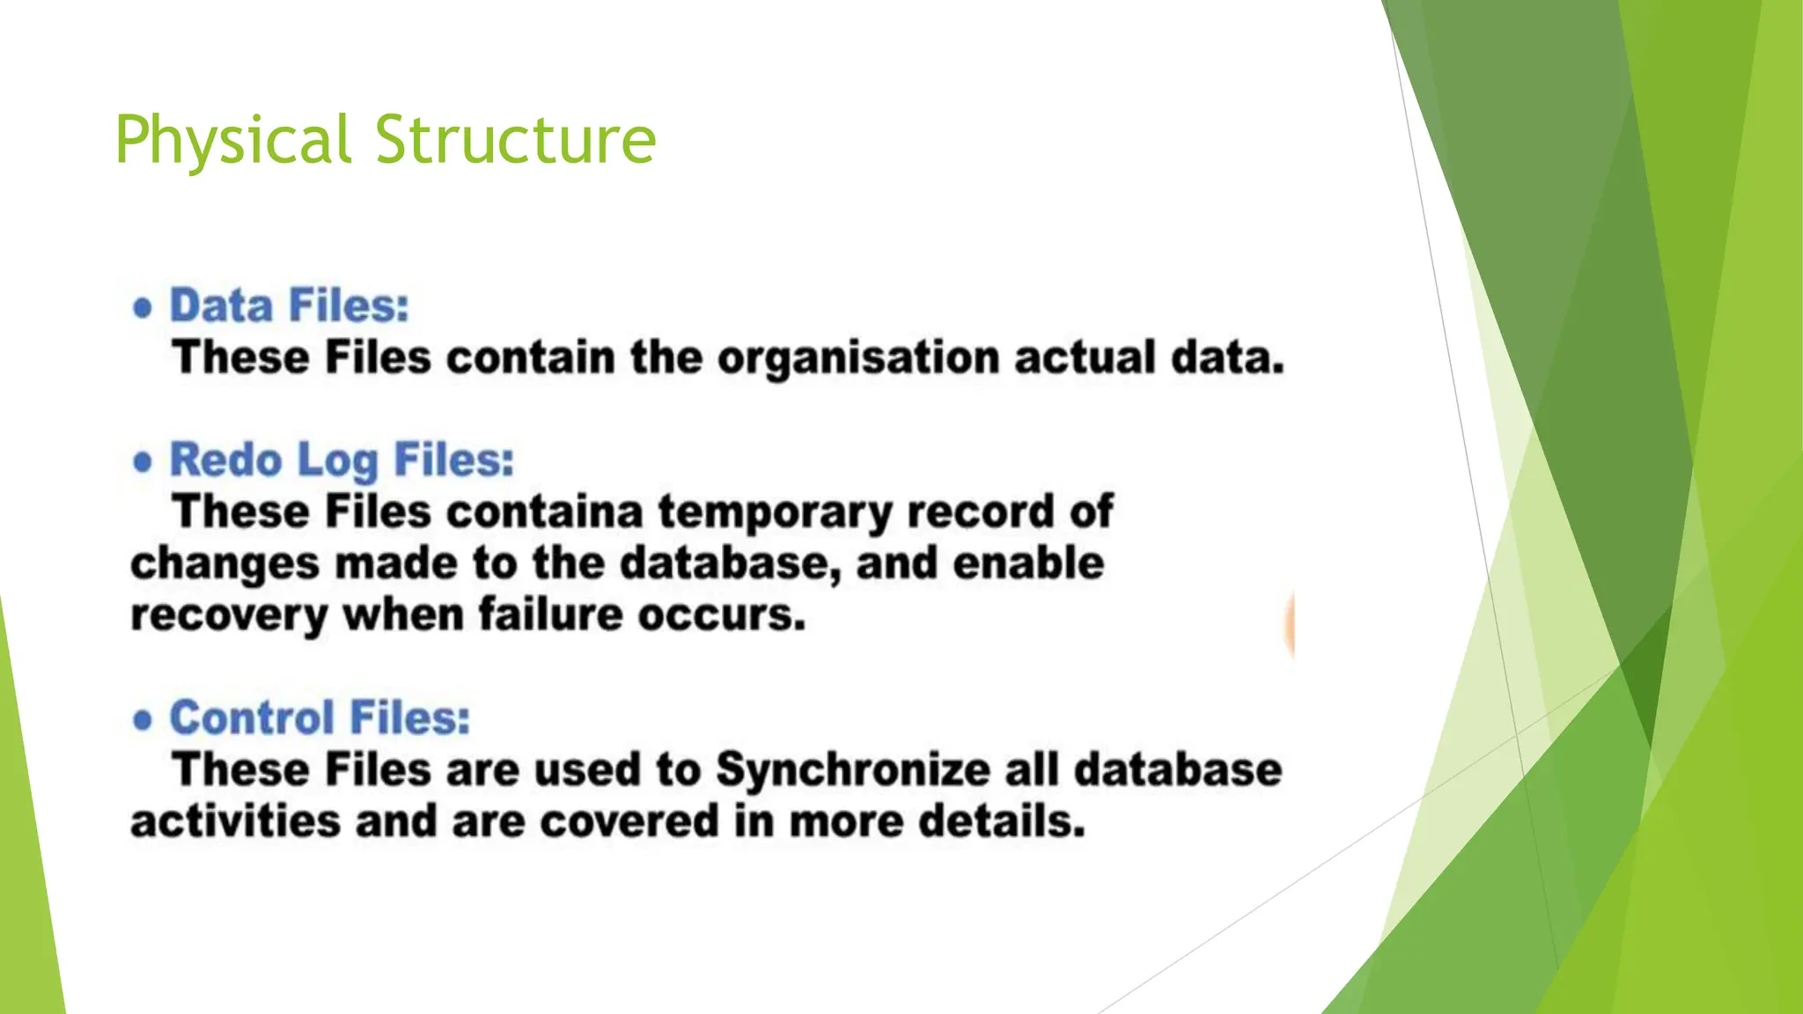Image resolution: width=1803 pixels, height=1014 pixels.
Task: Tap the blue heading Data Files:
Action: coord(290,306)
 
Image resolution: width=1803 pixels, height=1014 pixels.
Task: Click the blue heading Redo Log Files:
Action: coord(342,460)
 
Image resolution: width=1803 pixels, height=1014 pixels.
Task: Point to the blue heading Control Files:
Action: coord(320,718)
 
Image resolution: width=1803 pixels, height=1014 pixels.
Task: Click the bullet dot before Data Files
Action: coord(143,308)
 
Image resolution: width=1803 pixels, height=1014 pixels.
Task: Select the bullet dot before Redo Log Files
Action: coord(143,462)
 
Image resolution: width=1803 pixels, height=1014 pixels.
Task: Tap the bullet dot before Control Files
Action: coord(143,720)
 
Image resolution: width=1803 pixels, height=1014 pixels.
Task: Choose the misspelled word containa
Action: coord(545,512)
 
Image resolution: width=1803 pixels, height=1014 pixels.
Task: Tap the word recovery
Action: coord(229,616)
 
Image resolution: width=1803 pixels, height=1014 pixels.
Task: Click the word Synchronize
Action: coord(852,771)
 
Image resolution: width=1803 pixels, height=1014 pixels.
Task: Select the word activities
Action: coord(235,822)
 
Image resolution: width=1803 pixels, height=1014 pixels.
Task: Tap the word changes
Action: coord(224,565)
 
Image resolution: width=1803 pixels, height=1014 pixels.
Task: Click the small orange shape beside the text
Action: coord(1290,625)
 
